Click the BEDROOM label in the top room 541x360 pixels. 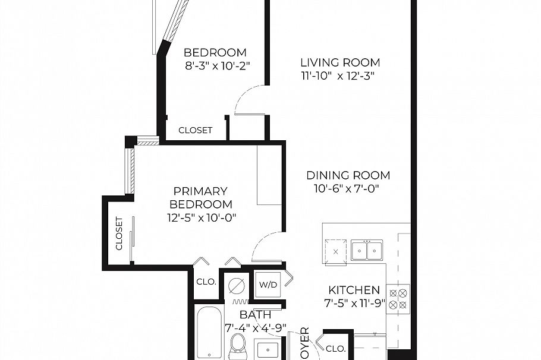click(x=215, y=52)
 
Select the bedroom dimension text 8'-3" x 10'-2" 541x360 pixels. click(x=215, y=65)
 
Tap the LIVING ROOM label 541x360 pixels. click(x=339, y=62)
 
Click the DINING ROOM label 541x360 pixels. click(x=348, y=175)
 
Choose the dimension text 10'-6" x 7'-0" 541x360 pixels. click(x=346, y=189)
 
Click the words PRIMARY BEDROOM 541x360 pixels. click(x=200, y=197)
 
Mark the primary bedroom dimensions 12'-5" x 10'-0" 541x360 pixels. click(x=202, y=217)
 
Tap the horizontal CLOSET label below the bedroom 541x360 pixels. click(x=195, y=130)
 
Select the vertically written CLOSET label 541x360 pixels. click(x=119, y=233)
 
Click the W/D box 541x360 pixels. click(x=268, y=285)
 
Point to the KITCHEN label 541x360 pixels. click(x=354, y=290)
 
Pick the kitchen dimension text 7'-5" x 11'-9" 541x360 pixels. click(x=355, y=304)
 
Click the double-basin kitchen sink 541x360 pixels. click(x=366, y=251)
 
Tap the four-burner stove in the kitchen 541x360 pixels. click(x=398, y=298)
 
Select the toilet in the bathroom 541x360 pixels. click(x=238, y=345)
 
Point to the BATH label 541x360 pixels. click(x=255, y=315)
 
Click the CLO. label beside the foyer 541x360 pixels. click(x=336, y=348)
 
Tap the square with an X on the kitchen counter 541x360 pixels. click(x=335, y=251)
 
